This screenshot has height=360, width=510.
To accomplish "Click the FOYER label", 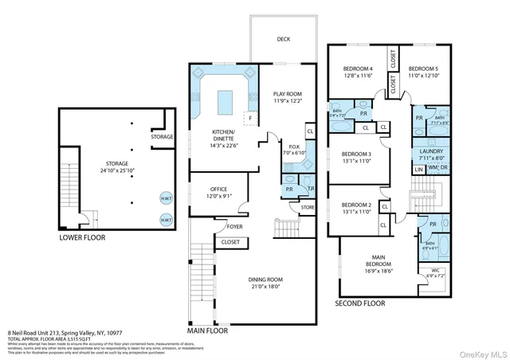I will coord(233,226).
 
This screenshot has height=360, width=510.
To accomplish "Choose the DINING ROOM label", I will coord(267,284).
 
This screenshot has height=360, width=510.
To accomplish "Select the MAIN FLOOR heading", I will coord(213,329).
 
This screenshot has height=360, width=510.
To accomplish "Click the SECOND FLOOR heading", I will coord(359,303).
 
